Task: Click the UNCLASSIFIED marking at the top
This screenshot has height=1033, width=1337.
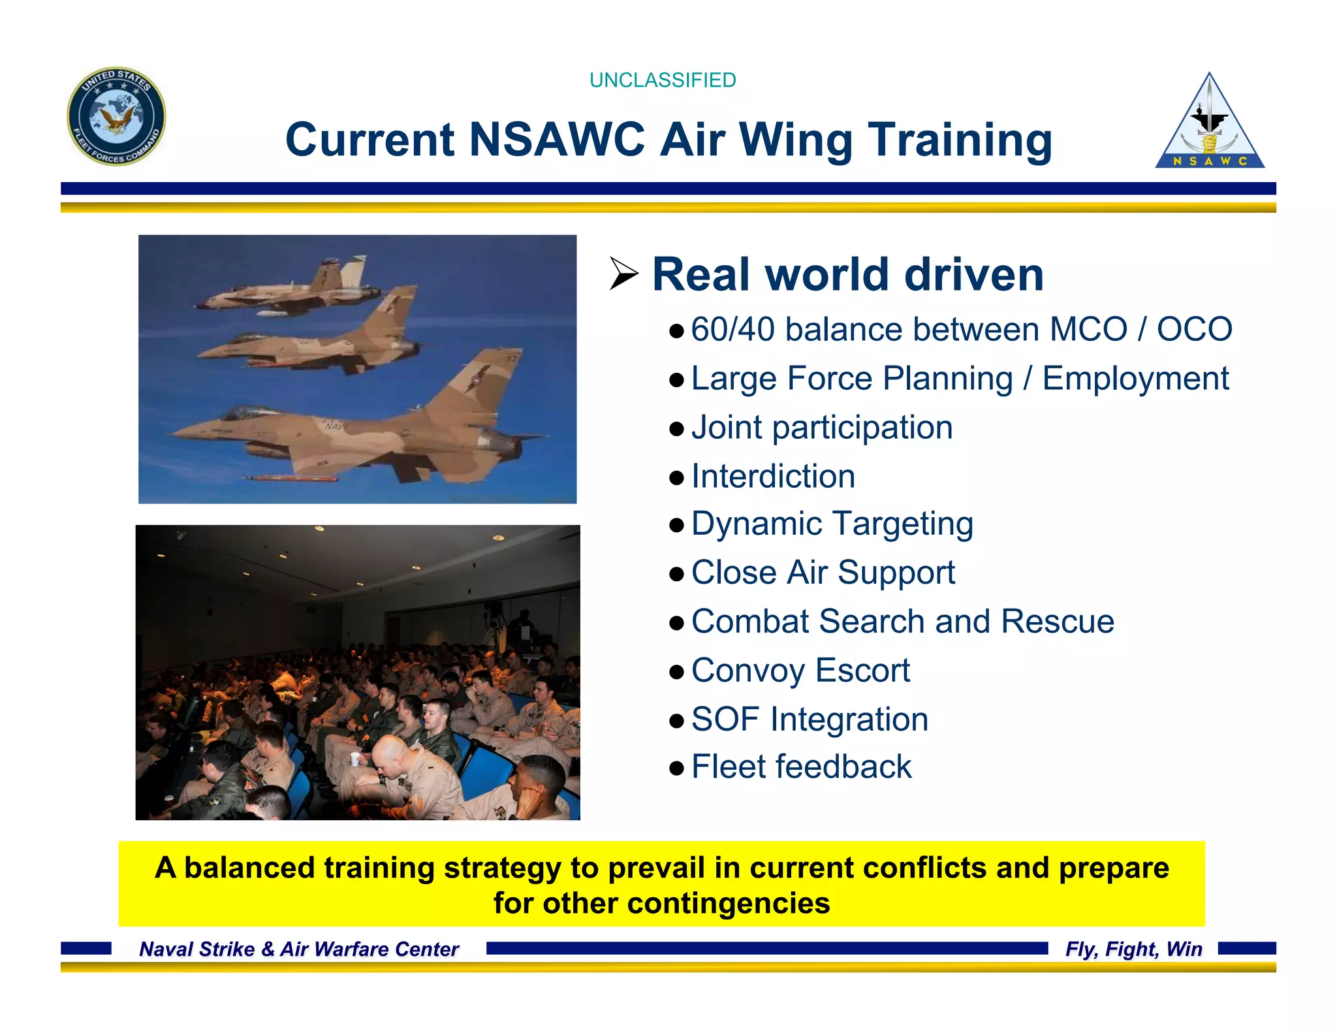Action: (x=662, y=80)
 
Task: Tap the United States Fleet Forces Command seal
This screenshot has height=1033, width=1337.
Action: (x=116, y=116)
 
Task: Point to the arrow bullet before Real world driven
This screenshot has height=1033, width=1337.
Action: (x=623, y=274)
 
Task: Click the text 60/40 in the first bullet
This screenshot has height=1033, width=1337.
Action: (x=733, y=329)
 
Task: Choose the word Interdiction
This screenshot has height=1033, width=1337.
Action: (x=773, y=476)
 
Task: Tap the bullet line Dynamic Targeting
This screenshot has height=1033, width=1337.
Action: (x=832, y=524)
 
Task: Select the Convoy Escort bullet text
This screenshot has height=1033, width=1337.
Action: (x=800, y=671)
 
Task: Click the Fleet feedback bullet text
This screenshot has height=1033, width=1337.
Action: (x=801, y=767)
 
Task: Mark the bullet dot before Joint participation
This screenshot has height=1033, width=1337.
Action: (x=676, y=429)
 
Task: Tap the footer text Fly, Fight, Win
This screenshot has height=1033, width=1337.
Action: (x=1133, y=949)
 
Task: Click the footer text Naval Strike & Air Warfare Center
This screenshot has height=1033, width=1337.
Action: (x=299, y=949)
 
